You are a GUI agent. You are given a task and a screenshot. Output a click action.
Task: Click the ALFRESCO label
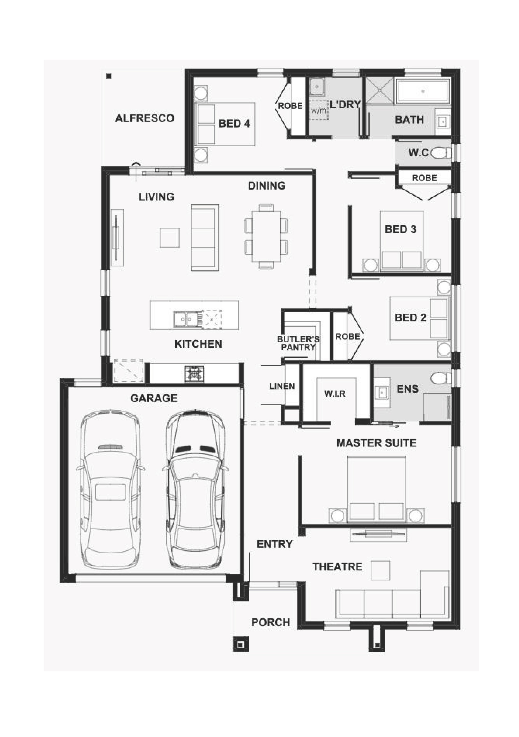pyautogui.click(x=144, y=118)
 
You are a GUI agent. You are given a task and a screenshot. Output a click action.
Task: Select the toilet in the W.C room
pyautogui.click(x=440, y=153)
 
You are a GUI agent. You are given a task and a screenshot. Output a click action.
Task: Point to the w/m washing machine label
pyautogui.click(x=318, y=110)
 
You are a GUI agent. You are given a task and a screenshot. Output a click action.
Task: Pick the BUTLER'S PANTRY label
pyautogui.click(x=298, y=343)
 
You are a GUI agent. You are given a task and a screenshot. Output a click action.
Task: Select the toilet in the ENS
pyautogui.click(x=441, y=378)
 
